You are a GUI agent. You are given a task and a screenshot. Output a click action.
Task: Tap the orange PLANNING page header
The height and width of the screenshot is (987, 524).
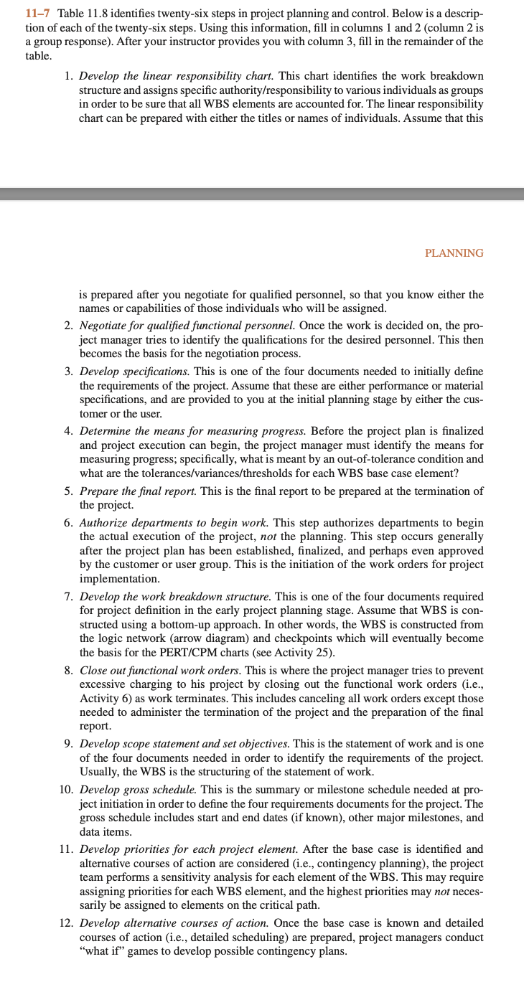(454, 253)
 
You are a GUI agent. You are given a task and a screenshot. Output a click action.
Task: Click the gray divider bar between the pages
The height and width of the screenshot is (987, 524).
(262, 194)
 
